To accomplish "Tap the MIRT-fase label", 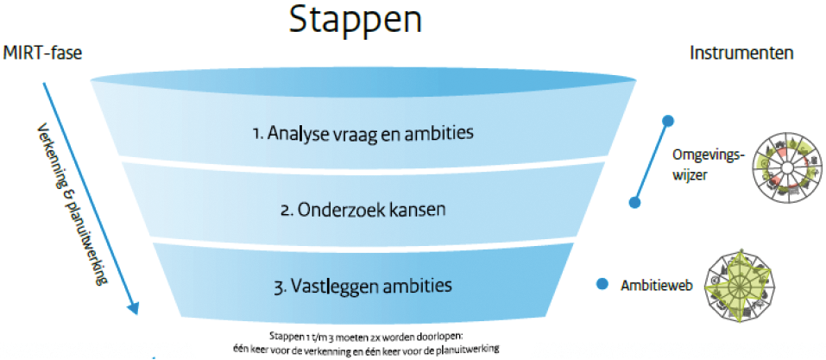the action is (x=42, y=54).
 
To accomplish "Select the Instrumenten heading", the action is (x=741, y=54).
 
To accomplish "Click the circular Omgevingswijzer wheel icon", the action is (x=786, y=167).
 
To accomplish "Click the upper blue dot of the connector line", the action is (x=669, y=120).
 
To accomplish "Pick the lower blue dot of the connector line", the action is (x=634, y=202).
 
